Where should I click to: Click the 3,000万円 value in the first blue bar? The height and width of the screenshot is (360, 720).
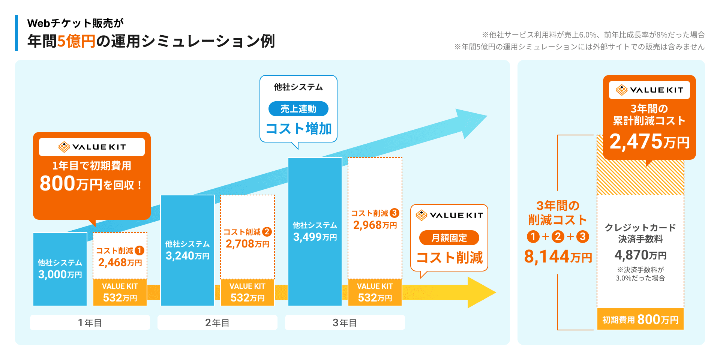point(60,274)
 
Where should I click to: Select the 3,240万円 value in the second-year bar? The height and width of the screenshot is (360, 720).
point(187,256)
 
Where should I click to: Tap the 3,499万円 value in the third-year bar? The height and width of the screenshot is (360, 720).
point(315,237)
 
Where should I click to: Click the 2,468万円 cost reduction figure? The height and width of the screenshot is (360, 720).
point(120,262)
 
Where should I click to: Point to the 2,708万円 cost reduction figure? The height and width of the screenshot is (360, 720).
point(247,244)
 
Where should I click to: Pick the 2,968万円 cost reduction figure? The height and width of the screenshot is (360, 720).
point(375,225)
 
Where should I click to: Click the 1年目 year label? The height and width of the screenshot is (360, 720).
point(90,322)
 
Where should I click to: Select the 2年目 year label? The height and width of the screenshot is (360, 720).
point(217,322)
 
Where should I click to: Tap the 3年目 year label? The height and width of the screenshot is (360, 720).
point(345,322)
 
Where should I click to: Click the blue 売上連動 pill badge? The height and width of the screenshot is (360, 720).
point(298,109)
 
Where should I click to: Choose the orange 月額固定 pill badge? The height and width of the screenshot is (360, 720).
point(449,238)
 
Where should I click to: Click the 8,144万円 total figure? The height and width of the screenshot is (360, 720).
point(558,256)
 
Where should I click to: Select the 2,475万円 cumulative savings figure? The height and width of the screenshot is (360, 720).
point(649,141)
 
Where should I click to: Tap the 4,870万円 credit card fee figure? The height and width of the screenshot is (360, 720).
point(640,255)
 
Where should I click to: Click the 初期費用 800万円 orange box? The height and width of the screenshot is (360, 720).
point(640,319)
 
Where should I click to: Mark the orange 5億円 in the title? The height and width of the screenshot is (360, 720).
point(76,41)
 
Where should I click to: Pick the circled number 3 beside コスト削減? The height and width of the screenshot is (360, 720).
point(394,213)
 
